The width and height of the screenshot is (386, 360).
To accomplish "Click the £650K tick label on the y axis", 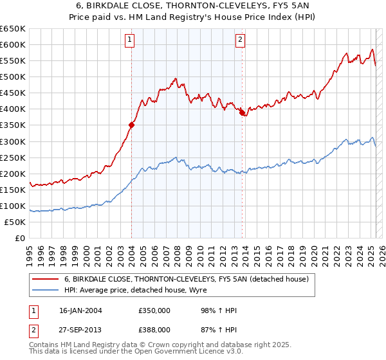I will click(x=13, y=29).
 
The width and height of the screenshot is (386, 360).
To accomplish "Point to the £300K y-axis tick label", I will click(x=13, y=141).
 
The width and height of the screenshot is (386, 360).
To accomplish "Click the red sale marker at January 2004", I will click(x=131, y=125).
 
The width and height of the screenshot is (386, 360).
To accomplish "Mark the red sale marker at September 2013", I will click(x=242, y=113).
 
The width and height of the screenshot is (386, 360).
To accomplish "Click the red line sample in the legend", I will click(x=46, y=279).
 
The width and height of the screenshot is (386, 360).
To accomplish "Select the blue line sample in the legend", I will click(x=46, y=290).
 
